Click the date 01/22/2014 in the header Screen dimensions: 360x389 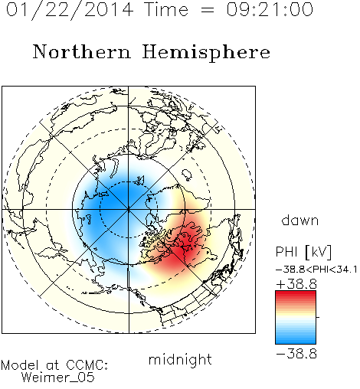pos(70,10)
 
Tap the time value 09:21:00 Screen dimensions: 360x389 pos(270,9)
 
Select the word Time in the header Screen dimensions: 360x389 pos(166,9)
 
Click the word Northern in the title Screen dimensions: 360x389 pos(82,52)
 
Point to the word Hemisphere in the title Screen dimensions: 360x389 pos(206,53)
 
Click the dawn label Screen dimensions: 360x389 pos(300,220)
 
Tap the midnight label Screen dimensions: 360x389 pos(180,359)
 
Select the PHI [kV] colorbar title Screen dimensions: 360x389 pos(304,252)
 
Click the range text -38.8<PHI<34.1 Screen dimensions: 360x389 pos(316,270)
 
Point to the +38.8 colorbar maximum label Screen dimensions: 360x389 pos(296,284)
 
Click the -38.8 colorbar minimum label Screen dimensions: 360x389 pos(296,354)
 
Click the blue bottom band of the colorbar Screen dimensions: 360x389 pos(296,340)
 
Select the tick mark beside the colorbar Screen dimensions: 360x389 pos(318,317)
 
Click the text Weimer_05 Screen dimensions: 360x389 pos(58,378)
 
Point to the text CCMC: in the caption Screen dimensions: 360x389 pos(87,365)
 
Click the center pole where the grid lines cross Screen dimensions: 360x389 pos(128,209)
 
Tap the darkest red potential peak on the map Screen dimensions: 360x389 pos(182,251)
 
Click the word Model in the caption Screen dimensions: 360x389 pos(20,365)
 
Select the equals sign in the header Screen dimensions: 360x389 pos(208,10)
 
